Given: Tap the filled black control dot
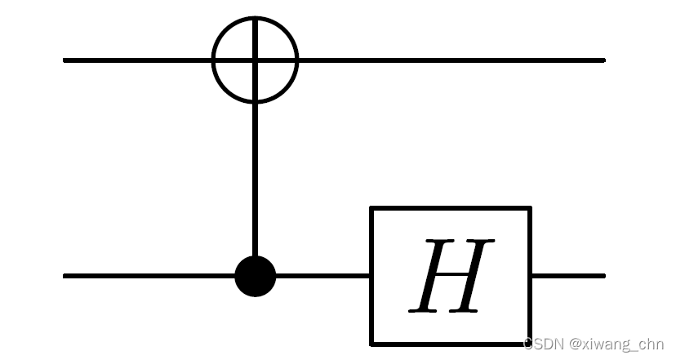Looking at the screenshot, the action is pyautogui.click(x=256, y=276).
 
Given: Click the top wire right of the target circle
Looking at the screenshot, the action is pyautogui.click(x=449, y=60).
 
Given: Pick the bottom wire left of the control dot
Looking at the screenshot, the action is pyautogui.click(x=147, y=276).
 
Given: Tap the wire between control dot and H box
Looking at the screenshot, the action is pyautogui.click(x=322, y=276).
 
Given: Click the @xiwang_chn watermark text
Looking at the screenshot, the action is pyautogui.click(x=612, y=344).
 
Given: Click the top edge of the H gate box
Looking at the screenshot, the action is pyautogui.click(x=451, y=208).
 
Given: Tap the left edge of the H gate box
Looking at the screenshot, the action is pyautogui.click(x=373, y=276).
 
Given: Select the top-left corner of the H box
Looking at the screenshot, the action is pyautogui.click(x=373, y=208).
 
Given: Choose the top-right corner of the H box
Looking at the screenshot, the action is pyautogui.click(x=531, y=208).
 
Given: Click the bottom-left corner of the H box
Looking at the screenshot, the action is pyautogui.click(x=373, y=344).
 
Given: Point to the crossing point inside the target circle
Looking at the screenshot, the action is pyautogui.click(x=256, y=60).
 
